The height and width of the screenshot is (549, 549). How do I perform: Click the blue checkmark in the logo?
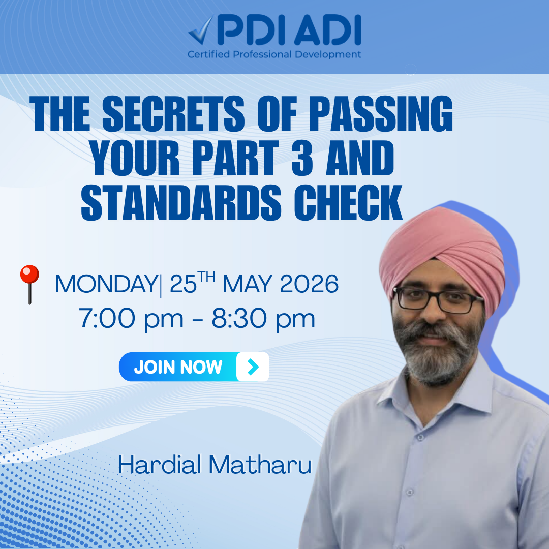(x=201, y=31)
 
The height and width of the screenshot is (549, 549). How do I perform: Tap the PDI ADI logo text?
(x=289, y=30)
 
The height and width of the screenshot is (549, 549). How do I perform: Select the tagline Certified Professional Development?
(x=274, y=54)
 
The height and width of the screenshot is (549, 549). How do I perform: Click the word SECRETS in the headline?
(x=173, y=114)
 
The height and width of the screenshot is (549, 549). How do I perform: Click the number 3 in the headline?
(x=302, y=158)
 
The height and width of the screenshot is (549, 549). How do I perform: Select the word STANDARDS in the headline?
(x=181, y=202)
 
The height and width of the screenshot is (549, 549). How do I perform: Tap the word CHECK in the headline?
(x=348, y=202)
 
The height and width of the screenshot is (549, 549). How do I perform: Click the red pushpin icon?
(x=29, y=284)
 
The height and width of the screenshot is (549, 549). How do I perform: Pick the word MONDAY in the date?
(x=106, y=284)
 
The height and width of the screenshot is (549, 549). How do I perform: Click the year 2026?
(x=309, y=284)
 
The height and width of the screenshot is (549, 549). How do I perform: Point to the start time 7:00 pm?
(x=131, y=319)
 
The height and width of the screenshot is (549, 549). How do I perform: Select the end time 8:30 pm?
(x=263, y=319)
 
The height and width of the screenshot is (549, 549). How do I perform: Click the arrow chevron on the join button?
(x=253, y=367)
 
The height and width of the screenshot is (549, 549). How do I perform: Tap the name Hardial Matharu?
(x=215, y=465)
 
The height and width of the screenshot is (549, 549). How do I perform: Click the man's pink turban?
(x=442, y=252)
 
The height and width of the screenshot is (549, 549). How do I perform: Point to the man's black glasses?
(x=438, y=300)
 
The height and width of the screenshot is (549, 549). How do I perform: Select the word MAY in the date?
(x=247, y=284)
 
